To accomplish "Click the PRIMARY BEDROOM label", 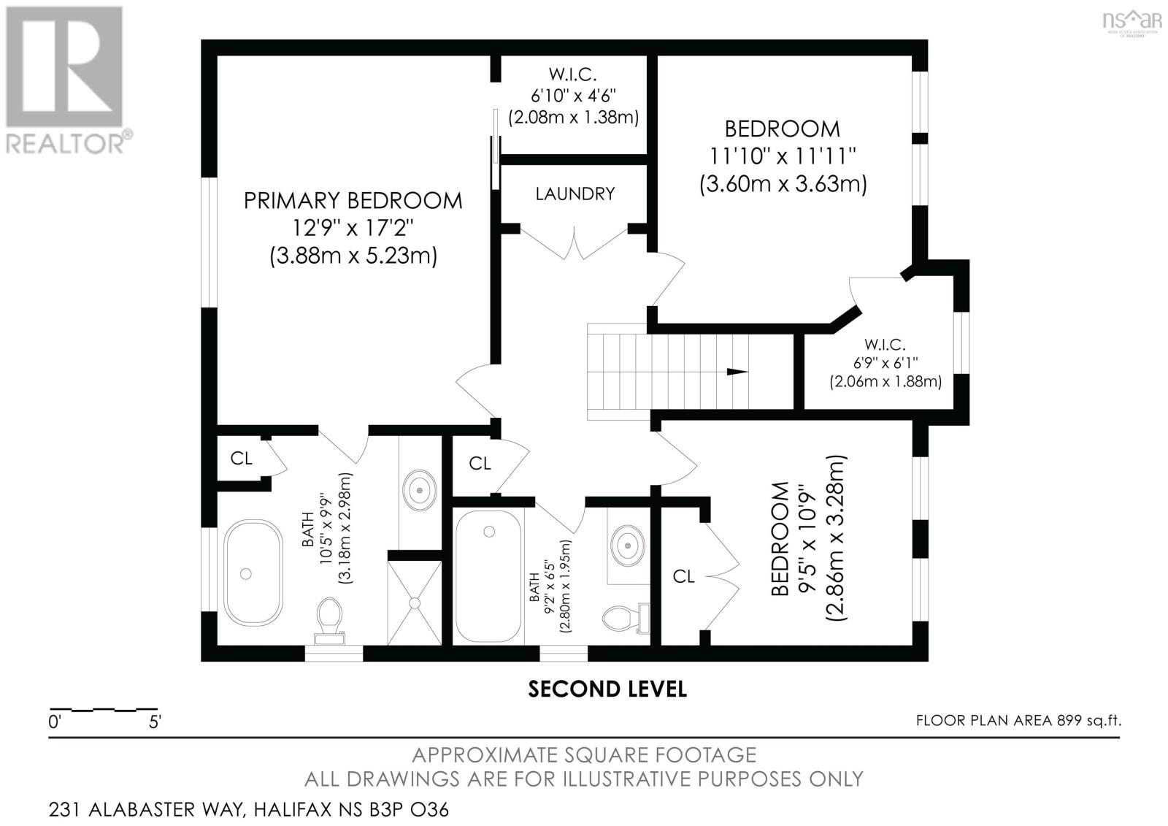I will [x=353, y=200].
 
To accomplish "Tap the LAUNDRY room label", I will [x=575, y=194].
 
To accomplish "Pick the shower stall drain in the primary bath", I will [x=415, y=603].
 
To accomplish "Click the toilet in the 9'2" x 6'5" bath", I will [x=623, y=619].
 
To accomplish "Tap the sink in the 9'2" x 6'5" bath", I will [x=627, y=543].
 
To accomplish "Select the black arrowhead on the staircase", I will [x=737, y=372].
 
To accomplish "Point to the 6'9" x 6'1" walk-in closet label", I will [x=884, y=362].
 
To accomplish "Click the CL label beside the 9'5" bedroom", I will [x=683, y=577].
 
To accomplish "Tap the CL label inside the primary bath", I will [x=241, y=459].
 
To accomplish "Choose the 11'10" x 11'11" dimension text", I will [x=782, y=156].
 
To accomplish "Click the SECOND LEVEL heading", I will [x=607, y=689].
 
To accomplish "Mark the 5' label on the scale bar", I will [x=154, y=723].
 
